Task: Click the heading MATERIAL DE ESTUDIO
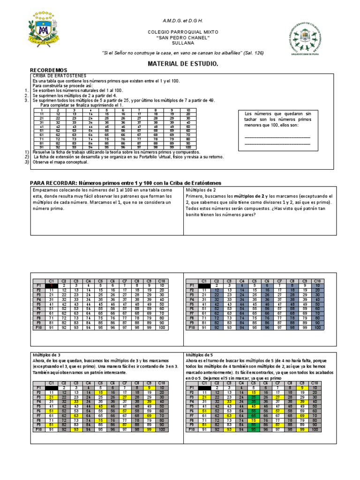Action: click(x=183, y=63)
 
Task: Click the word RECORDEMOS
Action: click(x=48, y=70)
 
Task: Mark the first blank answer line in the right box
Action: click(x=277, y=136)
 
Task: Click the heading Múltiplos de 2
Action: click(x=201, y=190)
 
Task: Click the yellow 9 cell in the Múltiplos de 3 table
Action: click(x=149, y=388)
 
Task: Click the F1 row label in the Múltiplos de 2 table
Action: click(x=191, y=285)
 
